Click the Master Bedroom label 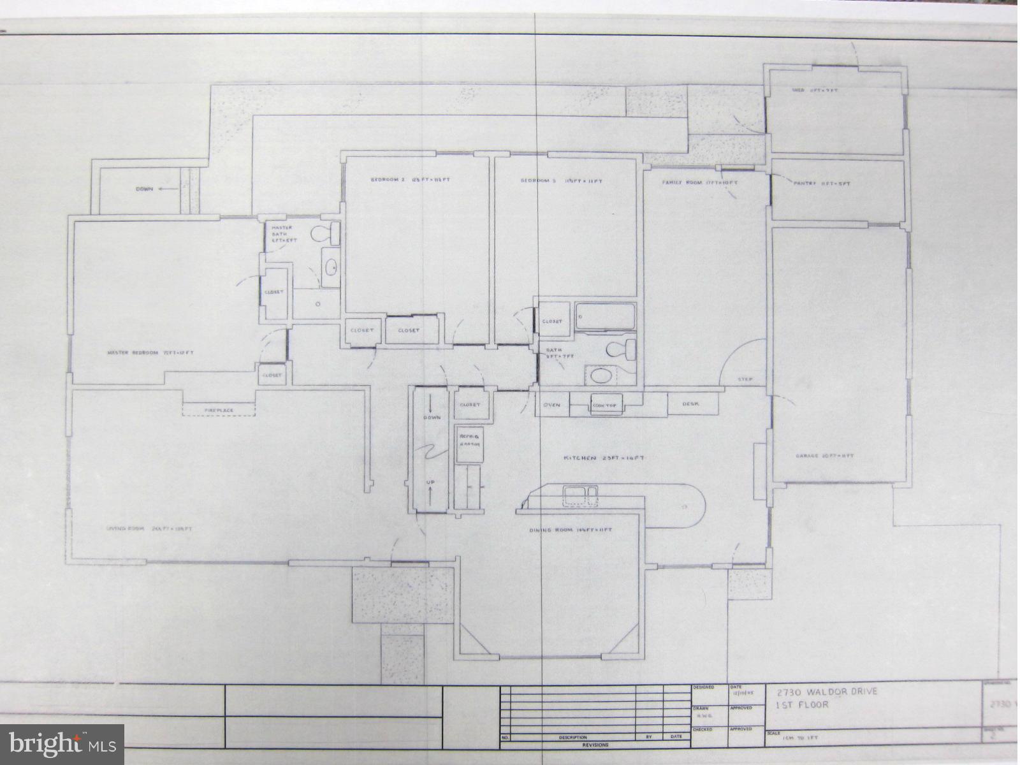pos(150,353)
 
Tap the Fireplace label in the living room pos(219,410)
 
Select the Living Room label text pos(150,528)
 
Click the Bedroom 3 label pos(561,181)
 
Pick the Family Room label pos(699,183)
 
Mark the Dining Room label pos(571,530)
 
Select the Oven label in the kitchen pos(551,405)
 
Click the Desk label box pos(692,404)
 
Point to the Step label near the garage pos(745,379)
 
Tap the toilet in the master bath pos(326,233)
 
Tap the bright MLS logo pos(62,743)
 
